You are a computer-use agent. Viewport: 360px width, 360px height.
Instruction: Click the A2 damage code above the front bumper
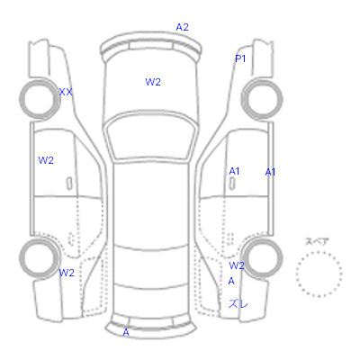tap(182, 27)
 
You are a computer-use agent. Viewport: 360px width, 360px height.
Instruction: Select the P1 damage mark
tap(240, 58)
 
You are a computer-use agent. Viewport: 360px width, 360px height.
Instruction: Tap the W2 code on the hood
tap(153, 82)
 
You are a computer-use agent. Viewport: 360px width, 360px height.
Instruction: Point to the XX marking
tap(66, 92)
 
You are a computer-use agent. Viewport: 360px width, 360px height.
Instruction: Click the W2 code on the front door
tap(46, 160)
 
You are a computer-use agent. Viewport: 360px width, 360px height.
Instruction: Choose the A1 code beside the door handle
tap(234, 171)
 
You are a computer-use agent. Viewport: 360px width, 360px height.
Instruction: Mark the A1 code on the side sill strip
tap(270, 172)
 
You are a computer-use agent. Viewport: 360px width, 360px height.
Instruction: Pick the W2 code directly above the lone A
tap(237, 265)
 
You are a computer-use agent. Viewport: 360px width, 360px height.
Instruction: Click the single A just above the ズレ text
tap(231, 281)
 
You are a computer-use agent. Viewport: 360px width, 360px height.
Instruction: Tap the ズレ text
tap(238, 304)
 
